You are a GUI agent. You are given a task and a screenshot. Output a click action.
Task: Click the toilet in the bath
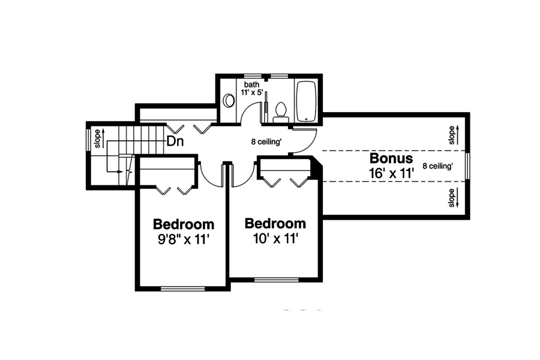pos(280,112)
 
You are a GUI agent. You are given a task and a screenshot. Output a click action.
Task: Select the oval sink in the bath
pos(229,100)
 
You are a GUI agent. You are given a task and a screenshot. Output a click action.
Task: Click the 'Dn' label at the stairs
pos(175,142)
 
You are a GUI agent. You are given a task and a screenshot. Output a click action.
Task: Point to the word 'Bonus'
pos(391,158)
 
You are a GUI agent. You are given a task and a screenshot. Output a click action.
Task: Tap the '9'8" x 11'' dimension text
pos(183,239)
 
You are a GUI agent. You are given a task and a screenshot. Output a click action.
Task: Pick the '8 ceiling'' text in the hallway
pos(266,143)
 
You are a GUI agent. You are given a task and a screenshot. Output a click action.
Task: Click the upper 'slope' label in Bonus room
pos(452,135)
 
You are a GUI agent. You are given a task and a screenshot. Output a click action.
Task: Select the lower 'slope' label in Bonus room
pos(452,197)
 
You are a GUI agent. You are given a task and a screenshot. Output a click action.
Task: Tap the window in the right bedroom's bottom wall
pos(277,279)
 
